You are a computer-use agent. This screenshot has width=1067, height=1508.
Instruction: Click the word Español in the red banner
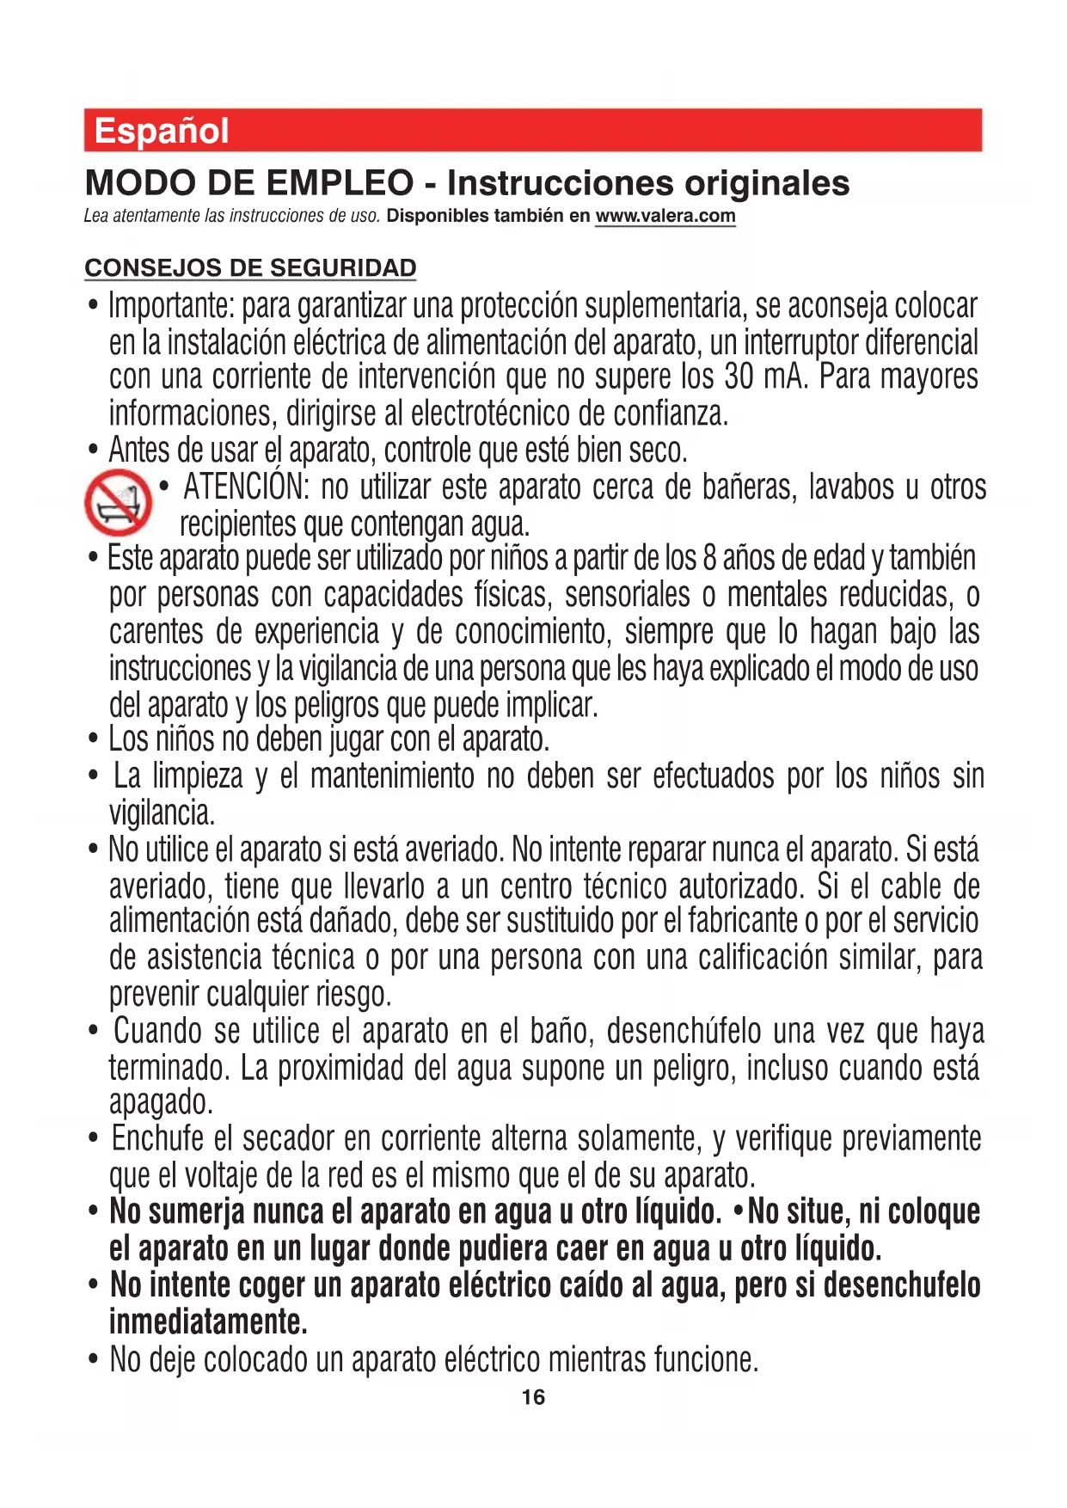pos(162,132)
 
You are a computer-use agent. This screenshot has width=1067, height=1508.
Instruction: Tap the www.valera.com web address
pos(665,216)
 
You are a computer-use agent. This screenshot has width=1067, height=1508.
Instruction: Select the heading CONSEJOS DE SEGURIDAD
pos(250,268)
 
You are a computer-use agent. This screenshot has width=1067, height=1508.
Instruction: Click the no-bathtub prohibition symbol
pos(118,502)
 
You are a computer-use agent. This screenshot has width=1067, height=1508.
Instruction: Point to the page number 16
pos(533,1397)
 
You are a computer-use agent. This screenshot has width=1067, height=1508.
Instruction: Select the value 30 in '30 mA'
pos(739,377)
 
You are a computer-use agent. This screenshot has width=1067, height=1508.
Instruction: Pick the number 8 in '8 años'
pos(709,559)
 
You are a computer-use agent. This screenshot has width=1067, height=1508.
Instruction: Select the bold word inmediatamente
pos(208,1321)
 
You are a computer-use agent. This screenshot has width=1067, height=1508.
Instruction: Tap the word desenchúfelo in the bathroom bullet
pos(684,1032)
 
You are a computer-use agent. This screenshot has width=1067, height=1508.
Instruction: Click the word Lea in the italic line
pos(95,216)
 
